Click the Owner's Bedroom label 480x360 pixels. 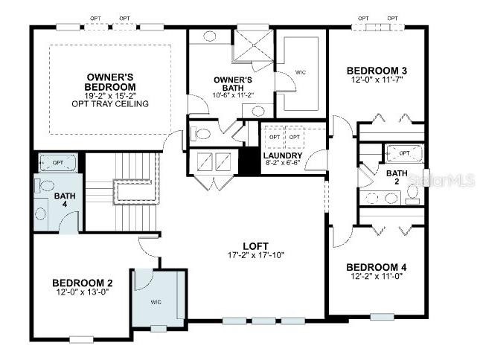(111, 81)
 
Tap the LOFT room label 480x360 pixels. (255, 246)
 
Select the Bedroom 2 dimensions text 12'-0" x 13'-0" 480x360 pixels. (81, 292)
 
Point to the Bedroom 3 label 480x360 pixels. (377, 71)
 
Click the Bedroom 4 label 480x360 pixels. (377, 267)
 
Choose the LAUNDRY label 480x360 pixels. (283, 155)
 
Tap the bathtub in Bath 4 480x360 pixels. (57, 163)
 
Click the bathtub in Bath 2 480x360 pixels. (404, 154)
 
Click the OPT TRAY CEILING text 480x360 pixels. (111, 103)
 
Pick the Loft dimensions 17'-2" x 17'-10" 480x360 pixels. (255, 256)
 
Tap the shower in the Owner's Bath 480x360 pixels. (253, 47)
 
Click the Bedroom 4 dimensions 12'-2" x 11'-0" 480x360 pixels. (377, 277)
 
